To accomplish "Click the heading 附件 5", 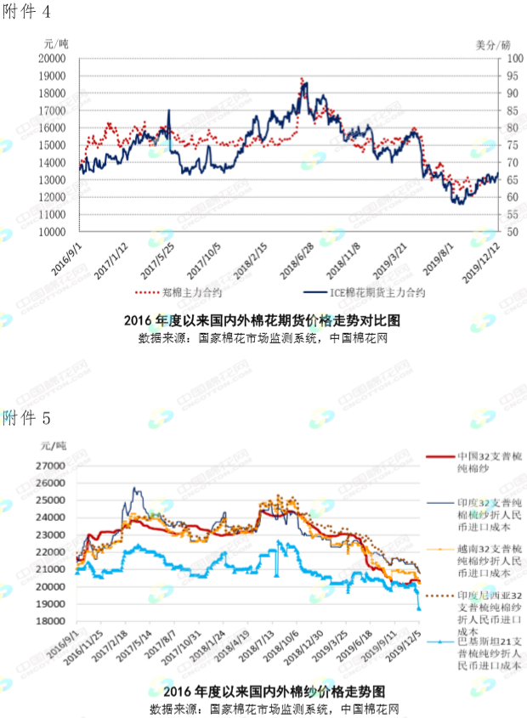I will click(x=26, y=418).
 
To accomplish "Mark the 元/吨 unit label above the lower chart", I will click(x=54, y=444).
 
